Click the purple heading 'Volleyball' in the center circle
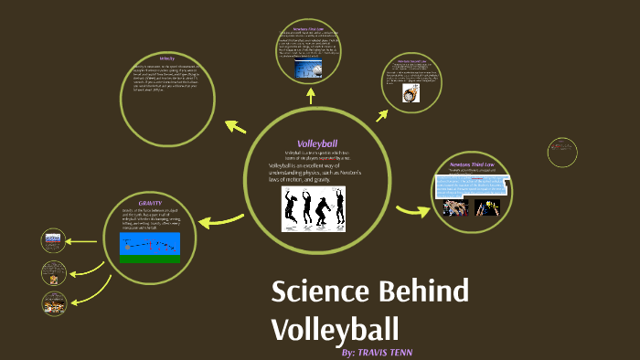pos(317,143)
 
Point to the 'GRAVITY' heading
pos(150,202)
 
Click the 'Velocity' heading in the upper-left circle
pos(166,58)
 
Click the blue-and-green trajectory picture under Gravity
pos(150,247)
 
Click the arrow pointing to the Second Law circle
pos(382,115)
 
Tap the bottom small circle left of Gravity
pos(54,302)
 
